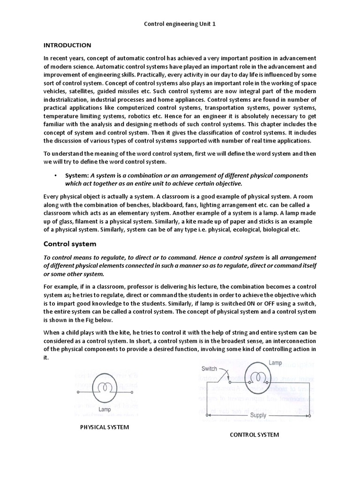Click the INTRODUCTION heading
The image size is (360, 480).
coord(67,45)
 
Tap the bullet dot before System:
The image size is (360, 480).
coord(55,175)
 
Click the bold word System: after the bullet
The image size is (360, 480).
coord(77,175)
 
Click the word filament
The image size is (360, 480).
coord(88,222)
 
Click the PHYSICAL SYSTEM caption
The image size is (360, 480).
coord(104,427)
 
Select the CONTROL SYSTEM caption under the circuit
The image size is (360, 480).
coord(254,435)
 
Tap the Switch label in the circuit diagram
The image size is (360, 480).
coord(210,368)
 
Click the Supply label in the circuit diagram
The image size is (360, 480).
coord(258,415)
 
